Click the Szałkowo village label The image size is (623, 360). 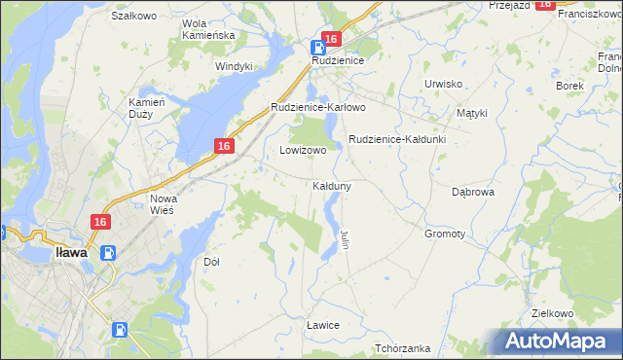134,16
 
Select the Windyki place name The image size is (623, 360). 234,66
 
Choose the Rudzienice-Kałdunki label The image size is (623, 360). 397,139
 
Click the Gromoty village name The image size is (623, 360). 445,234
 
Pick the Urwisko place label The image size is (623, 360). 443,84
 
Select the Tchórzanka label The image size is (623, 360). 402,348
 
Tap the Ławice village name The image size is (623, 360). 322,324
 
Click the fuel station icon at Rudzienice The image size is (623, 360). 318,48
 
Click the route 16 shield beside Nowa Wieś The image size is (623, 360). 100,222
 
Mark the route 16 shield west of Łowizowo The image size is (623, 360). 223,146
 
